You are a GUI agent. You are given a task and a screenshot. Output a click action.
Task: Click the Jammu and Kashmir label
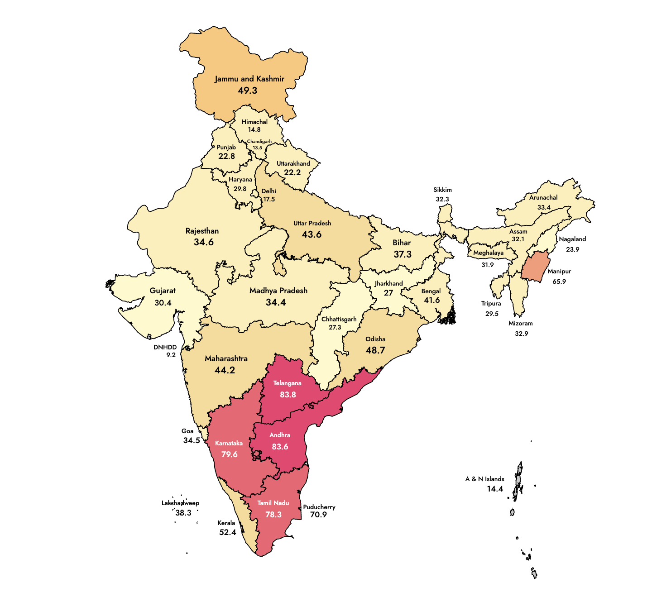(249, 79)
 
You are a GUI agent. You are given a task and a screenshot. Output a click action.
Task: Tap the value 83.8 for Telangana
(288, 395)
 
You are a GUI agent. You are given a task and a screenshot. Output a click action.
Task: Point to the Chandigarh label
(259, 142)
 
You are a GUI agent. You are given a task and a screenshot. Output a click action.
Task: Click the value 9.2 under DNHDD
(171, 355)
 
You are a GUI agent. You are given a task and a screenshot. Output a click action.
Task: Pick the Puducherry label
(319, 507)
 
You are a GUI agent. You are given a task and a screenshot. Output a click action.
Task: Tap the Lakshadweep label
(180, 503)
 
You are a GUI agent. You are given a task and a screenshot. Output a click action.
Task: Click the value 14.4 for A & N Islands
(495, 489)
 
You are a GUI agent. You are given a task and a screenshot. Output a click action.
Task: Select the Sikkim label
(442, 190)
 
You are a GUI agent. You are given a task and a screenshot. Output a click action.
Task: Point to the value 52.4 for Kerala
(227, 533)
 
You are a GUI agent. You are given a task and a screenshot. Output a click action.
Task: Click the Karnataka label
(229, 444)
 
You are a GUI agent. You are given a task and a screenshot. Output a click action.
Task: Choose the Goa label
(187, 431)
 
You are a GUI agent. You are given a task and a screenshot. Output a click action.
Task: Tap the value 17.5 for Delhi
(269, 200)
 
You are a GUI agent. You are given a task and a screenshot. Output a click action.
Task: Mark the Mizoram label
(521, 324)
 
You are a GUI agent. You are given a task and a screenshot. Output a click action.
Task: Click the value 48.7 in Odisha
(375, 350)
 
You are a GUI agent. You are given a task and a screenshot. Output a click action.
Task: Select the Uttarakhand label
(293, 163)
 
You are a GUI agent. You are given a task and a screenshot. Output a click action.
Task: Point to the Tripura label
(491, 304)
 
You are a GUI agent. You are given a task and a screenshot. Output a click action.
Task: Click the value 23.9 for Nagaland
(572, 249)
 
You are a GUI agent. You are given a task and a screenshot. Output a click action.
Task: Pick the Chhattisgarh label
(339, 319)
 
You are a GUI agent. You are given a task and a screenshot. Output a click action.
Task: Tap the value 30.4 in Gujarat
(163, 303)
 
